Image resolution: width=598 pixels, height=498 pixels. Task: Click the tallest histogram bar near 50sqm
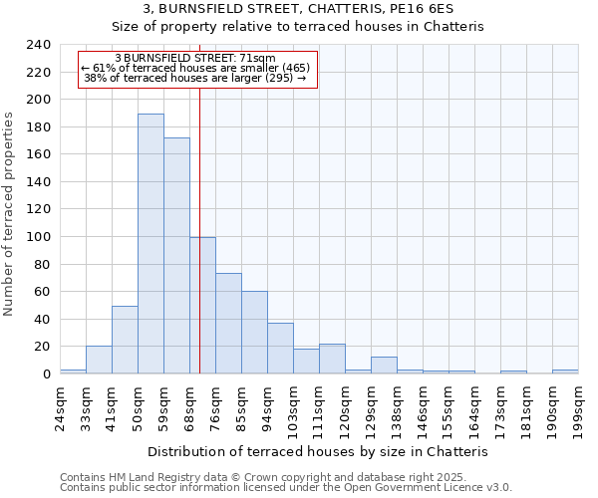point(150,244)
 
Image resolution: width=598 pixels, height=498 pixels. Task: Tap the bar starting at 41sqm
point(125,340)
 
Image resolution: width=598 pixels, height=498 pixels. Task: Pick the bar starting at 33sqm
point(99,360)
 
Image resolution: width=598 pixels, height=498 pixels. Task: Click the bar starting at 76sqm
point(228,324)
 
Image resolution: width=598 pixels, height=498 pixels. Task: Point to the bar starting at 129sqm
point(384,366)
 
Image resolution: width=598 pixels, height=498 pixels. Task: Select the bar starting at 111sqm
point(332,359)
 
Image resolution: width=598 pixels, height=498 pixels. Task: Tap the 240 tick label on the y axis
point(39,45)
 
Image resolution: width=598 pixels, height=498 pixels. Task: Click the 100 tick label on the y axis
point(39,237)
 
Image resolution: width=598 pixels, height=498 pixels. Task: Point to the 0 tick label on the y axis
point(47,374)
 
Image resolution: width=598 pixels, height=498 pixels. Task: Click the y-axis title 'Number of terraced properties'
point(11,214)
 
